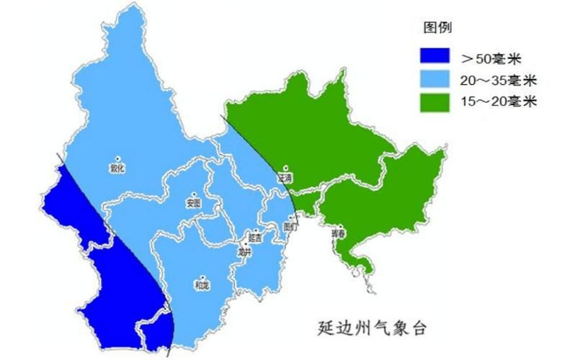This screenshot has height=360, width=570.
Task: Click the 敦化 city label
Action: (x=117, y=168)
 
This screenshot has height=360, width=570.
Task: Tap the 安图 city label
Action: (x=192, y=203)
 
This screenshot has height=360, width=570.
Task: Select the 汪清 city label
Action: (x=285, y=177)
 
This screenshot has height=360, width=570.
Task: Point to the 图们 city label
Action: (x=290, y=225)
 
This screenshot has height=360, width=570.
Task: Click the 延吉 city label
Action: (x=255, y=237)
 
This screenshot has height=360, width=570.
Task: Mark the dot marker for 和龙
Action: (x=202, y=276)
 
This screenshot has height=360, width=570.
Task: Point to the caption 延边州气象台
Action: (x=372, y=328)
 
